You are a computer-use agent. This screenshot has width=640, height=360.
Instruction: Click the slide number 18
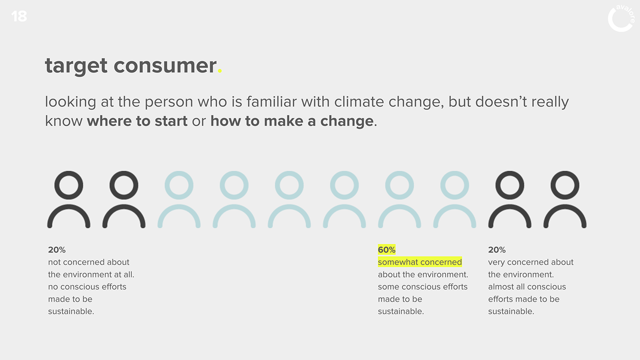click(19, 16)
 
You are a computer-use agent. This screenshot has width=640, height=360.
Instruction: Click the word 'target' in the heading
click(76, 66)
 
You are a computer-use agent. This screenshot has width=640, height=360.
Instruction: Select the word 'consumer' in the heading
click(165, 66)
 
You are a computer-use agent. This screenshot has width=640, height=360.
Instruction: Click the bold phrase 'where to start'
click(137, 121)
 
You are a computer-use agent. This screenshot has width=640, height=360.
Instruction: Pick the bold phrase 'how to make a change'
click(292, 121)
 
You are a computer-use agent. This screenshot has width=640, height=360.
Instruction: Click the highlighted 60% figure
click(387, 250)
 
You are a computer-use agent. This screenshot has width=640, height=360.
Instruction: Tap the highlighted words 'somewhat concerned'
click(420, 262)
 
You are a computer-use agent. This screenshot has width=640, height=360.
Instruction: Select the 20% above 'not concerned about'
click(57, 250)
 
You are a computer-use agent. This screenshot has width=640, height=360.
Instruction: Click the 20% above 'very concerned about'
click(497, 250)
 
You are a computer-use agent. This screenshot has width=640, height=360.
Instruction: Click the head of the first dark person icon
click(69, 173)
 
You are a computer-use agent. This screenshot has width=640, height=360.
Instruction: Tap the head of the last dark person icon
click(565, 173)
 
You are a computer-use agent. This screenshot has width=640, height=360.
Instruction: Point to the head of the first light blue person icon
click(179, 173)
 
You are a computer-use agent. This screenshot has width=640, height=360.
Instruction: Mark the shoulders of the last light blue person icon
click(454, 206)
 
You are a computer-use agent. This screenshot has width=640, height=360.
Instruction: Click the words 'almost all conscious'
click(527, 287)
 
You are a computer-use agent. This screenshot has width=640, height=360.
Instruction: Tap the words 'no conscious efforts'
click(87, 287)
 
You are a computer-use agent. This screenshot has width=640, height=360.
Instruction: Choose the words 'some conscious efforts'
click(422, 287)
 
